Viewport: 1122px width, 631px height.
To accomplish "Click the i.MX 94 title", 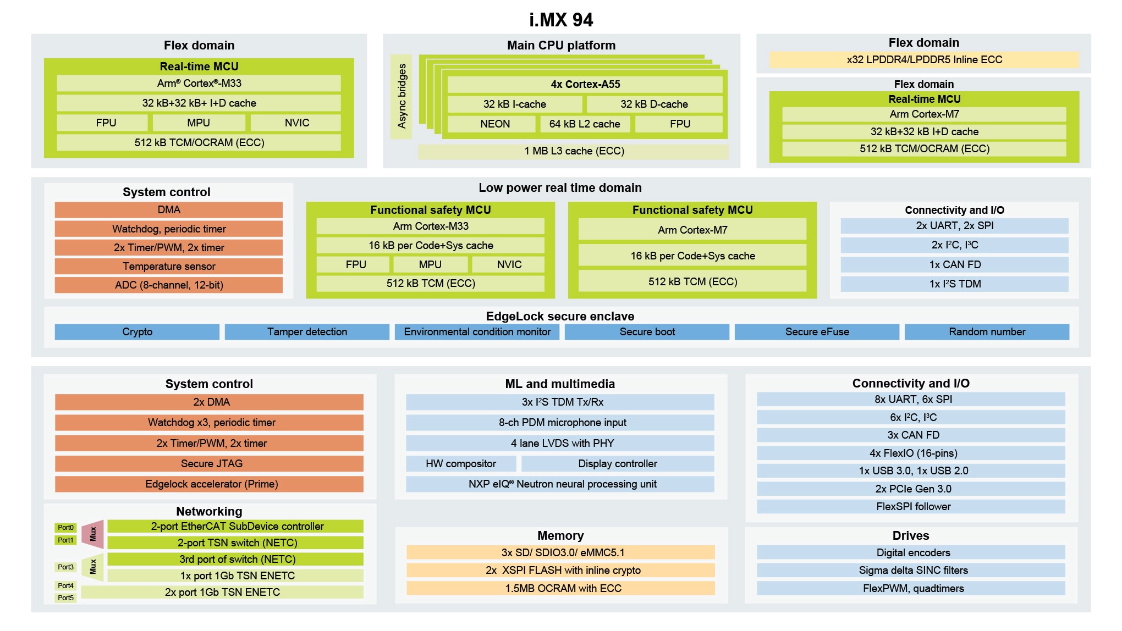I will [560, 20].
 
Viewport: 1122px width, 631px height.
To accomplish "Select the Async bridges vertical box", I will [402, 96].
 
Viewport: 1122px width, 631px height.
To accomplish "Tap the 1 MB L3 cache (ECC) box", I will [573, 151].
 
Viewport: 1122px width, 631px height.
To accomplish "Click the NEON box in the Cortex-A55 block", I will [494, 124].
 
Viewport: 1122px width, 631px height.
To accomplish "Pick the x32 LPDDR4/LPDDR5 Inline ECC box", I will [924, 60].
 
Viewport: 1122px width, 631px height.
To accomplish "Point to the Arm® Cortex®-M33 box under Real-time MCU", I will [199, 84].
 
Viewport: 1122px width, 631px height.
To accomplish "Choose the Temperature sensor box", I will [168, 267].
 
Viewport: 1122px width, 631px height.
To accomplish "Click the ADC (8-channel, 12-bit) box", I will [168, 285].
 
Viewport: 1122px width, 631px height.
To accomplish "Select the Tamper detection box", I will [307, 332].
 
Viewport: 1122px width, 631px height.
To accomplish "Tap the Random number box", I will [987, 332].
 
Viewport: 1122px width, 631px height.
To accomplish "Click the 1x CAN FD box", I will [954, 265].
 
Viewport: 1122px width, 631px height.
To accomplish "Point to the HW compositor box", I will [461, 464].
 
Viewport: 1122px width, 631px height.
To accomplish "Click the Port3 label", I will [65, 567].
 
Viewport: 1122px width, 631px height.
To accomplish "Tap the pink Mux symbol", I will [93, 534].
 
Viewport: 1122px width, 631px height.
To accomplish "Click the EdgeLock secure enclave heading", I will [560, 317].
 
